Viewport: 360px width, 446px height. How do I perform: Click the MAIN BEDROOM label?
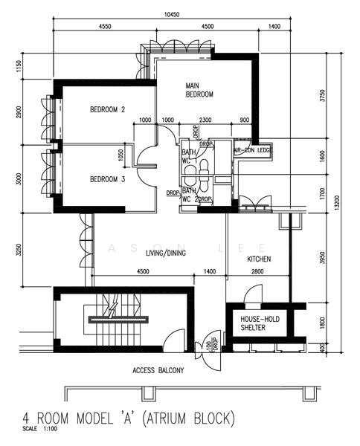coord(199,91)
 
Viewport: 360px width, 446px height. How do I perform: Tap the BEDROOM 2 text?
coord(107,110)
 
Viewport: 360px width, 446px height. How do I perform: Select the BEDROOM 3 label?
coord(107,179)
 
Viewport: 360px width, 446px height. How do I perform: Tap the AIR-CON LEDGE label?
coord(254,150)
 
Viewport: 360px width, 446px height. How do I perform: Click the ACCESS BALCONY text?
coord(158,370)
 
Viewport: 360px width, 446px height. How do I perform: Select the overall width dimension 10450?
coord(173,13)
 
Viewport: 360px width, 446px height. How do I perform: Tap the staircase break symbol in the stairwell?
coord(113,307)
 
